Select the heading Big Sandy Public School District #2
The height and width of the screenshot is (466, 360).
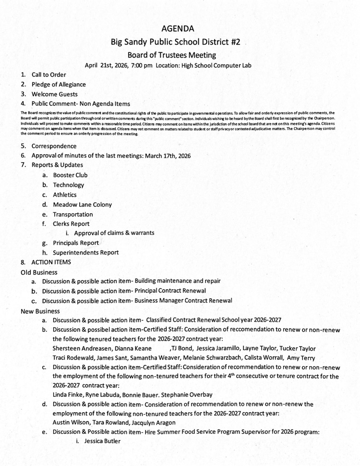coord(176,42)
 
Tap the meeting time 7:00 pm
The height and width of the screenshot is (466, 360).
coord(139,65)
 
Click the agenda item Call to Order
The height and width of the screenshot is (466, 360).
coord(48,74)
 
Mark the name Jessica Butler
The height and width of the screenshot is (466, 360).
coord(95,441)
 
